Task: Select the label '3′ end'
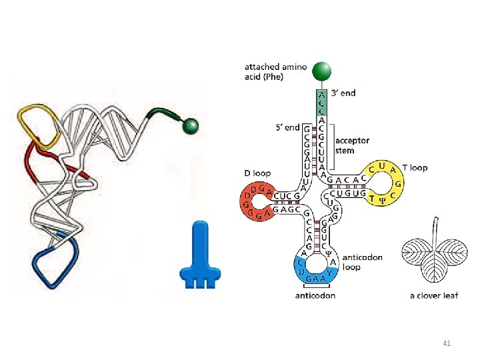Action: click(343, 93)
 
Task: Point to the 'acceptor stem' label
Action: click(352, 145)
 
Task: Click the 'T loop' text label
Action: click(415, 167)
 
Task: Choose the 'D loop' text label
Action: click(257, 173)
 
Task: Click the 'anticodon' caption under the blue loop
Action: click(315, 295)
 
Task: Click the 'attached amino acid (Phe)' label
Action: click(275, 71)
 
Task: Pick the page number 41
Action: click(447, 343)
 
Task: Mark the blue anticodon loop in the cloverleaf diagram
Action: click(315, 267)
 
